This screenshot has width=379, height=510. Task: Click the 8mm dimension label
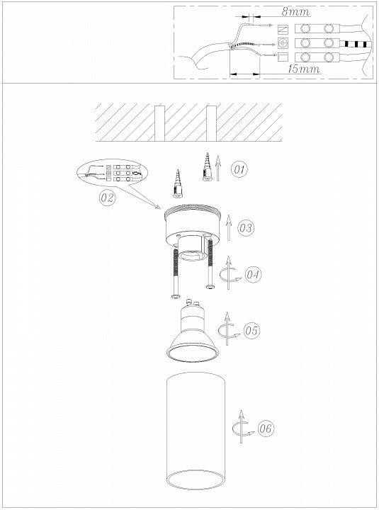pyautogui.click(x=295, y=12)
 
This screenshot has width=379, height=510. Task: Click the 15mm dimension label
pyautogui.click(x=303, y=69)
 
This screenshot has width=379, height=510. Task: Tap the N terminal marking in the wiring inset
pyautogui.click(x=283, y=29)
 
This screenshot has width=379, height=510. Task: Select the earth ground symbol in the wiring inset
pyautogui.click(x=283, y=43)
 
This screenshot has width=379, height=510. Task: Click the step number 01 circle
pyautogui.click(x=239, y=169)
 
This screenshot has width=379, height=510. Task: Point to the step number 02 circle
pyautogui.click(x=108, y=197)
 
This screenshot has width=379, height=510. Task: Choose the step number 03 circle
pyautogui.click(x=246, y=227)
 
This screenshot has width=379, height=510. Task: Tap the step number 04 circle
pyautogui.click(x=253, y=275)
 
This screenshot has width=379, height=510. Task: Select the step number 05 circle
pyautogui.click(x=251, y=331)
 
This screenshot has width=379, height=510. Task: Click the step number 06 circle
pyautogui.click(x=266, y=429)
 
